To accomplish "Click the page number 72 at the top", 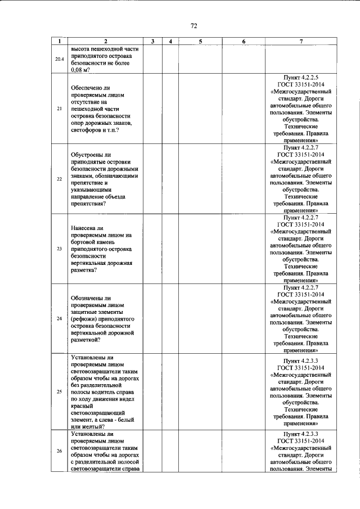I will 193,26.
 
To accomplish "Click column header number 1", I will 59,42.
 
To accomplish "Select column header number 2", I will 105,42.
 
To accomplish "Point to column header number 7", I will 301,42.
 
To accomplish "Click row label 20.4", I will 59,59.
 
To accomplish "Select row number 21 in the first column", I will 59,109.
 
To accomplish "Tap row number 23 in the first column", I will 59,249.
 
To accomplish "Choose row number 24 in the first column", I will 59,319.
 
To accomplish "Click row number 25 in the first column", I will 59,391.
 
